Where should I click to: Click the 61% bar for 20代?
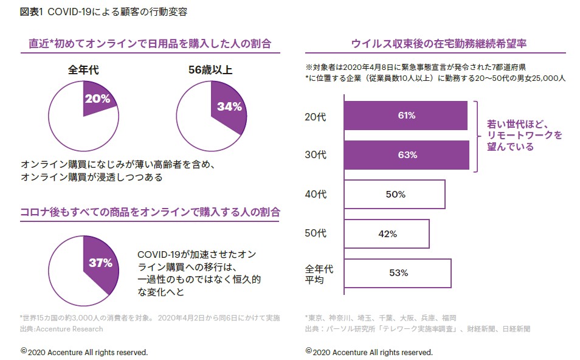[406, 116]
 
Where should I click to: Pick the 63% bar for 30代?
[406, 155]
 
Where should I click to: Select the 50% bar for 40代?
[395, 195]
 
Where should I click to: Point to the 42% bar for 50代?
[387, 234]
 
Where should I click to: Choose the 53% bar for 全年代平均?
[398, 273]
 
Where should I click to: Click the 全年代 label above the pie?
[83, 70]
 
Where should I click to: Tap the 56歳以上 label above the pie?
[210, 70]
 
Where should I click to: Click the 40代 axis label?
[315, 195]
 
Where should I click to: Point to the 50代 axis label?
[315, 234]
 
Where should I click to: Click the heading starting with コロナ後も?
[150, 212]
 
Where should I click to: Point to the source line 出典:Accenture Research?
[61, 329]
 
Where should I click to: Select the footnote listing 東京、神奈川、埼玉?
[381, 317]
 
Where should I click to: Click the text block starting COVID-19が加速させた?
[199, 272]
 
